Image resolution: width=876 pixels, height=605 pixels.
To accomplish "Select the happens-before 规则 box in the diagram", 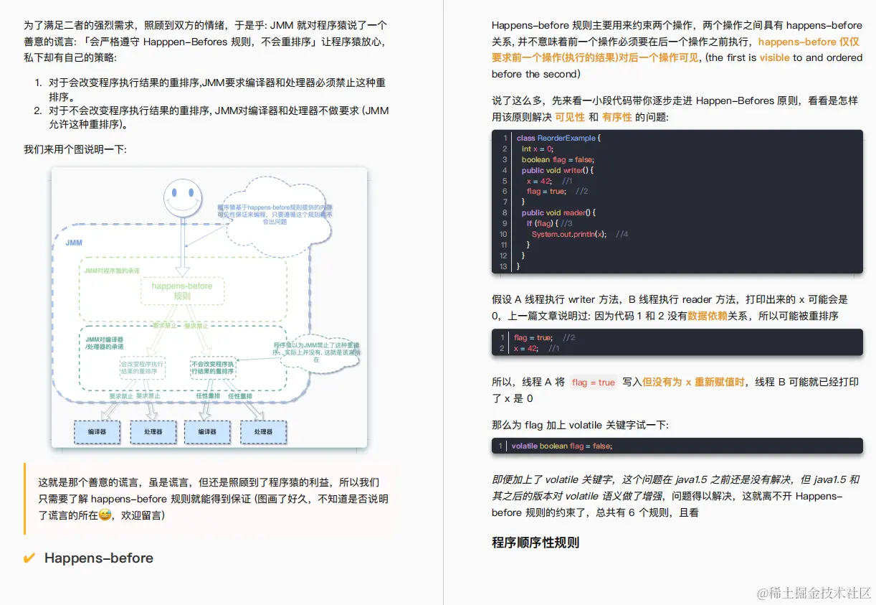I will pos(182,291).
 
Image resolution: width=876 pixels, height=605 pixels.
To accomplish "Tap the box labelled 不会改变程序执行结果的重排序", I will pos(213,367).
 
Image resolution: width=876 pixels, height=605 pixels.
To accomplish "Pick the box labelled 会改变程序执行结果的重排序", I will pos(142,367).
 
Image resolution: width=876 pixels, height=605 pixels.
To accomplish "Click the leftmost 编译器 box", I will pos(97,432).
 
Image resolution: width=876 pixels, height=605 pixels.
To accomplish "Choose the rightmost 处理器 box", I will pos(263,432).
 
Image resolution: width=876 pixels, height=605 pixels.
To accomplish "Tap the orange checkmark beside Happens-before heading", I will pos(29,558).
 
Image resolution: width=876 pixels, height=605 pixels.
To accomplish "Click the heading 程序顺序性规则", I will pos(535,543).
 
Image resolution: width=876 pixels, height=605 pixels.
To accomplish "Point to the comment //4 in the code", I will pos(622,234).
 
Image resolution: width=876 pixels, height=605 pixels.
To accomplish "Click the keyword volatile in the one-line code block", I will pos(524,446).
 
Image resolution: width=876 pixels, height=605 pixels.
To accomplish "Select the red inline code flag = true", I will pos(594,383).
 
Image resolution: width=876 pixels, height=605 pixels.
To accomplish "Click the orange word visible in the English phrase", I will pos(774,58).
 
